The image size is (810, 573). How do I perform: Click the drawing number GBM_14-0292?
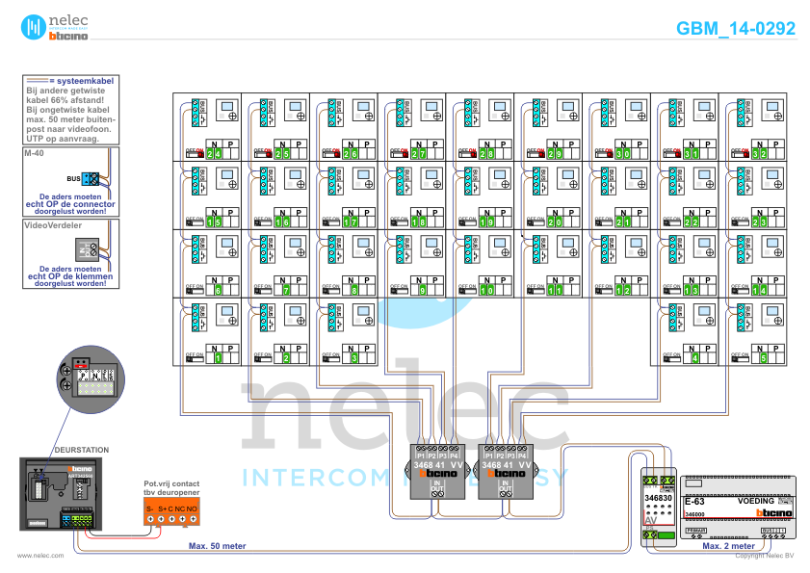coord(736,29)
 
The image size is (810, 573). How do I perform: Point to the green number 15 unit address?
coord(214,221)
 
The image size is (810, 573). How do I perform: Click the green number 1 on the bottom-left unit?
coord(218,358)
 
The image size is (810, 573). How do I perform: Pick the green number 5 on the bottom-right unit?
coord(764,358)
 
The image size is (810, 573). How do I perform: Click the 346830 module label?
coord(659,497)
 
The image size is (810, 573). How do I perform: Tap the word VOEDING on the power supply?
coord(756,502)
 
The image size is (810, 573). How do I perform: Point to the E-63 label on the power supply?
coord(694,502)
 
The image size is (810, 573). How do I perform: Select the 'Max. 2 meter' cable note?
coord(728,546)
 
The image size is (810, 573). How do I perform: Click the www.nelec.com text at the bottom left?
coord(40,556)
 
